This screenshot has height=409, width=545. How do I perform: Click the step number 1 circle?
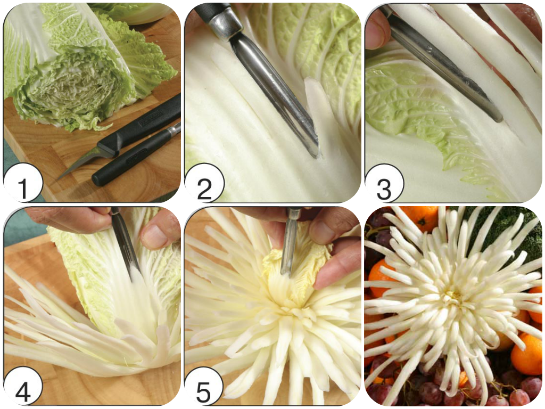coord(22,183)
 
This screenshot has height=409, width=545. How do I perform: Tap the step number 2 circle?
coord(203,183)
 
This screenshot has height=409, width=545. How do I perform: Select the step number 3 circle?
coord(384,183)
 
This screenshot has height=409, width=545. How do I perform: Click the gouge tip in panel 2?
coord(314,150)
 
